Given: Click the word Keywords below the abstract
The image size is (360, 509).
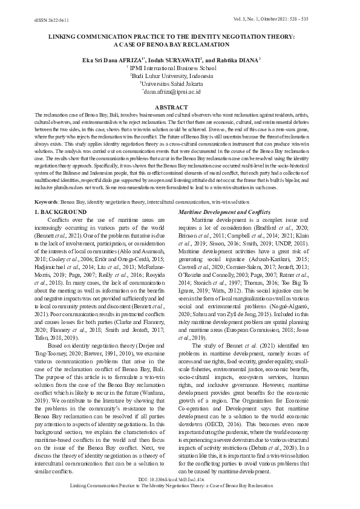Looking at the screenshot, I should (47, 200).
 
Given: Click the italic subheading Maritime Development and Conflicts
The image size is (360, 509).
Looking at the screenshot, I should (223, 212).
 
